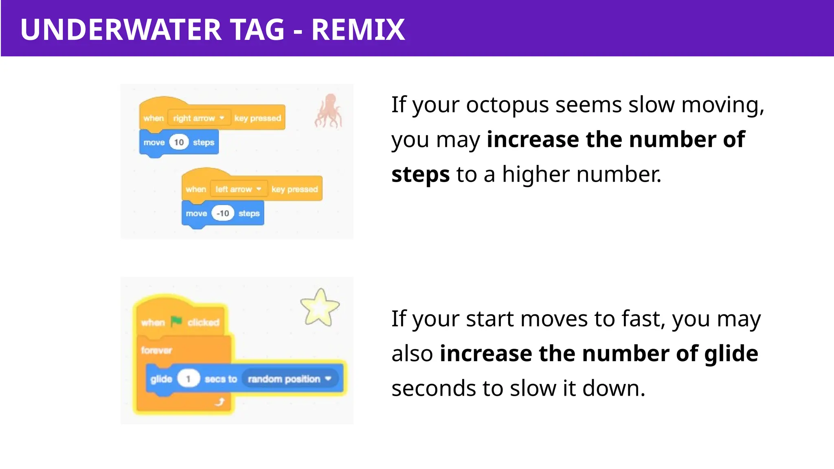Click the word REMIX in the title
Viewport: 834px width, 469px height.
pyautogui.click(x=358, y=30)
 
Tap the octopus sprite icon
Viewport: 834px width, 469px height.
pyautogui.click(x=328, y=111)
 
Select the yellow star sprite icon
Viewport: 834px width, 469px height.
pyautogui.click(x=320, y=307)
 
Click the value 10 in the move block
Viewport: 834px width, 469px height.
pyautogui.click(x=179, y=142)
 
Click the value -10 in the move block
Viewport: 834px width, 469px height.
pyautogui.click(x=223, y=213)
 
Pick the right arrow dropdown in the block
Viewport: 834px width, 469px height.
pyautogui.click(x=199, y=118)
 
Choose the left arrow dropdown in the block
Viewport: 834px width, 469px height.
pyautogui.click(x=239, y=189)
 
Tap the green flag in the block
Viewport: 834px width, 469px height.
pyautogui.click(x=176, y=322)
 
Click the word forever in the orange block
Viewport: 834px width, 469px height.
pyautogui.click(x=156, y=350)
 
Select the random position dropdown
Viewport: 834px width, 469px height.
pyautogui.click(x=290, y=379)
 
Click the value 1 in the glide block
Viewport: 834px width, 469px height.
pyautogui.click(x=188, y=379)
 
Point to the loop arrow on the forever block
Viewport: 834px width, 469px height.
pyautogui.click(x=220, y=402)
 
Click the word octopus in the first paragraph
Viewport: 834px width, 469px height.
pyautogui.click(x=507, y=105)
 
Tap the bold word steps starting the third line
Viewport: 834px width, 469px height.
pyautogui.click(x=420, y=175)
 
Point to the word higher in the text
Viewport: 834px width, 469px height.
pyautogui.click(x=536, y=175)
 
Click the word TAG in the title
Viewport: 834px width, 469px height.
pyautogui.click(x=257, y=30)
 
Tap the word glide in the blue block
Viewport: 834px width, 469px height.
pyautogui.click(x=161, y=379)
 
